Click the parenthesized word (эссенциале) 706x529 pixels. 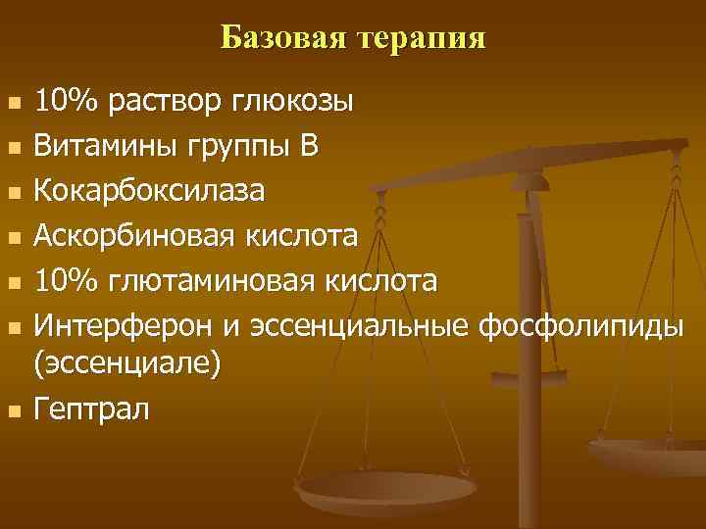tap(128, 363)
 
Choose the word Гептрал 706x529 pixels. tap(93, 408)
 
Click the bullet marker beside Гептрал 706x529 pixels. tap(13, 409)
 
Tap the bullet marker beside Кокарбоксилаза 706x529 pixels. tap(13, 192)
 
